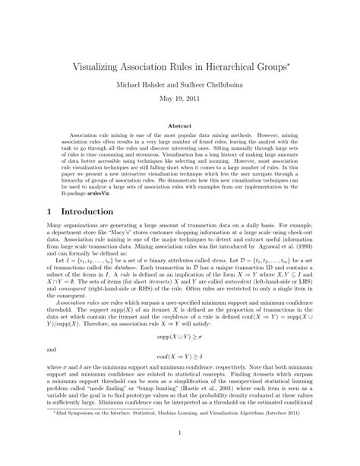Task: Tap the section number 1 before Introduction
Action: [x=39, y=236]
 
